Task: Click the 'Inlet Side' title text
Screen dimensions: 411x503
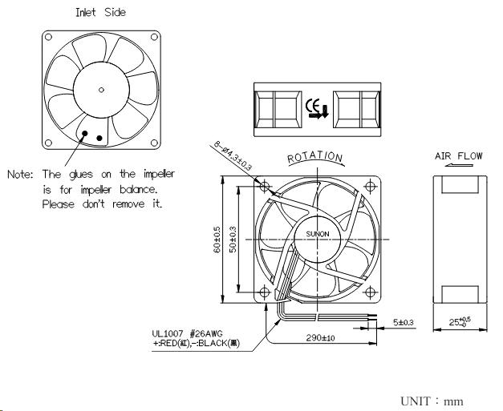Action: pyautogui.click(x=99, y=13)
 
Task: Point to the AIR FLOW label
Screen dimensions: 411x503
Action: pyautogui.click(x=459, y=155)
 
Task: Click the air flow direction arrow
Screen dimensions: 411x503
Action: pyautogui.click(x=458, y=167)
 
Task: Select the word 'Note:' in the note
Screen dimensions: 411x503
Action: pyautogui.click(x=22, y=174)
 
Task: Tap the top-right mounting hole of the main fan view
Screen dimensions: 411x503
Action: pyautogui.click(x=370, y=185)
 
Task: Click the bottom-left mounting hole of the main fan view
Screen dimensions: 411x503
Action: pyautogui.click(x=264, y=292)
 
